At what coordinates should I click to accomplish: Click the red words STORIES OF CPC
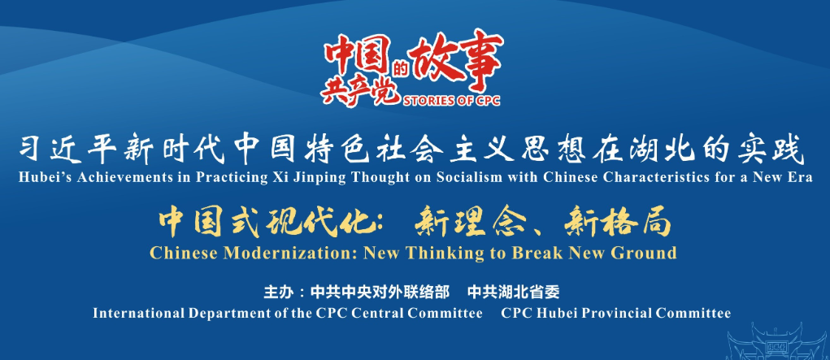click(x=451, y=100)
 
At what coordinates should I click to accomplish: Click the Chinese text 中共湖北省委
click(x=514, y=292)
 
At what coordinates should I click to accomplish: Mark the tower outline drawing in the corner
click(x=778, y=341)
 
